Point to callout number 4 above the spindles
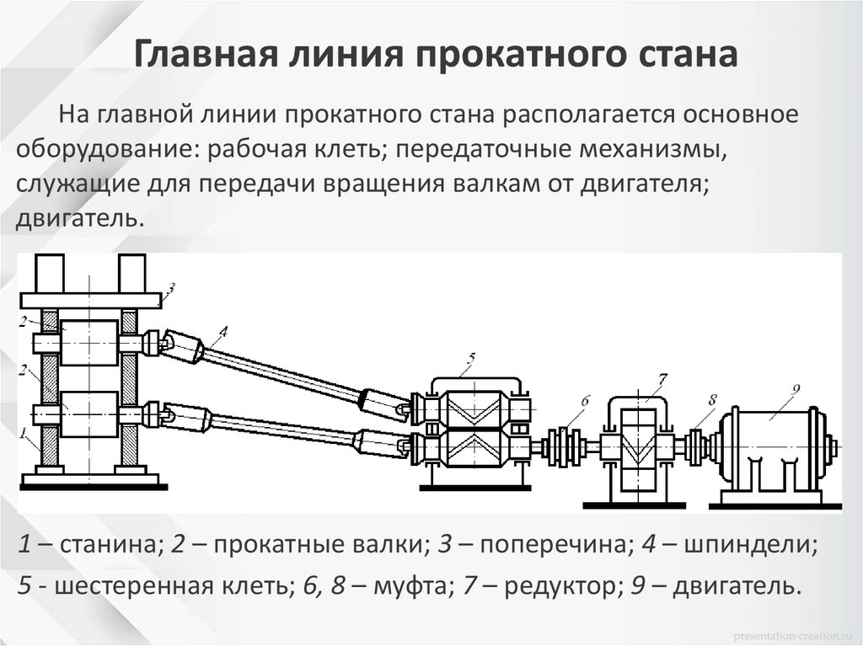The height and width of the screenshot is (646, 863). pyautogui.click(x=222, y=330)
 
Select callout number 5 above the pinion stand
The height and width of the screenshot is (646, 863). pyautogui.click(x=470, y=358)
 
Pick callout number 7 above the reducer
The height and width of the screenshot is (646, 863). pyautogui.click(x=662, y=376)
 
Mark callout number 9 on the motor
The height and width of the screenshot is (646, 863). pyautogui.click(x=795, y=389)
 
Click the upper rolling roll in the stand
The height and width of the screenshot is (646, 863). pyautogui.click(x=88, y=342)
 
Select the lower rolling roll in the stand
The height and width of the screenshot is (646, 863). pyautogui.click(x=88, y=414)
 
